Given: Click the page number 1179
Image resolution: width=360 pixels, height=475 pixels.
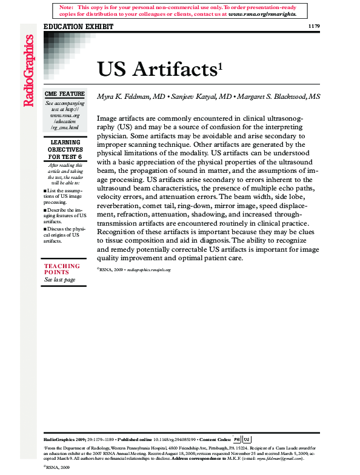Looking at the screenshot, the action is pyautogui.click(x=314, y=26).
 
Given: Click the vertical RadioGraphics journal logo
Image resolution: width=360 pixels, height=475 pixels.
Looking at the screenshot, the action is pyautogui.click(x=28, y=72).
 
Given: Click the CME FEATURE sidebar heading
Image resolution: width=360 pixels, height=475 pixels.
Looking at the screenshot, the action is pyautogui.click(x=64, y=94).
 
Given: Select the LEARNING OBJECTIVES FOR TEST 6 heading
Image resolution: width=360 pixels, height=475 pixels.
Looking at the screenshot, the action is pyautogui.click(x=64, y=149).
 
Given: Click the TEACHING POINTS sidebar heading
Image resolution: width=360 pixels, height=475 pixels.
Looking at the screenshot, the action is pyautogui.click(x=62, y=269).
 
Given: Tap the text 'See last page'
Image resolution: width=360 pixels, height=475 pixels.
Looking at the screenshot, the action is pyautogui.click(x=60, y=280).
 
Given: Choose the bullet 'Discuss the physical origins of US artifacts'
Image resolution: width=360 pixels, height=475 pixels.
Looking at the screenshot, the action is pyautogui.click(x=64, y=235).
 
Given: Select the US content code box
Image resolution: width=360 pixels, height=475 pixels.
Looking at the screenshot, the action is pyautogui.click(x=247, y=439).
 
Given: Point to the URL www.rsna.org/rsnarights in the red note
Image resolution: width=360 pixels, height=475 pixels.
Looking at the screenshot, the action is pyautogui.click(x=262, y=13).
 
